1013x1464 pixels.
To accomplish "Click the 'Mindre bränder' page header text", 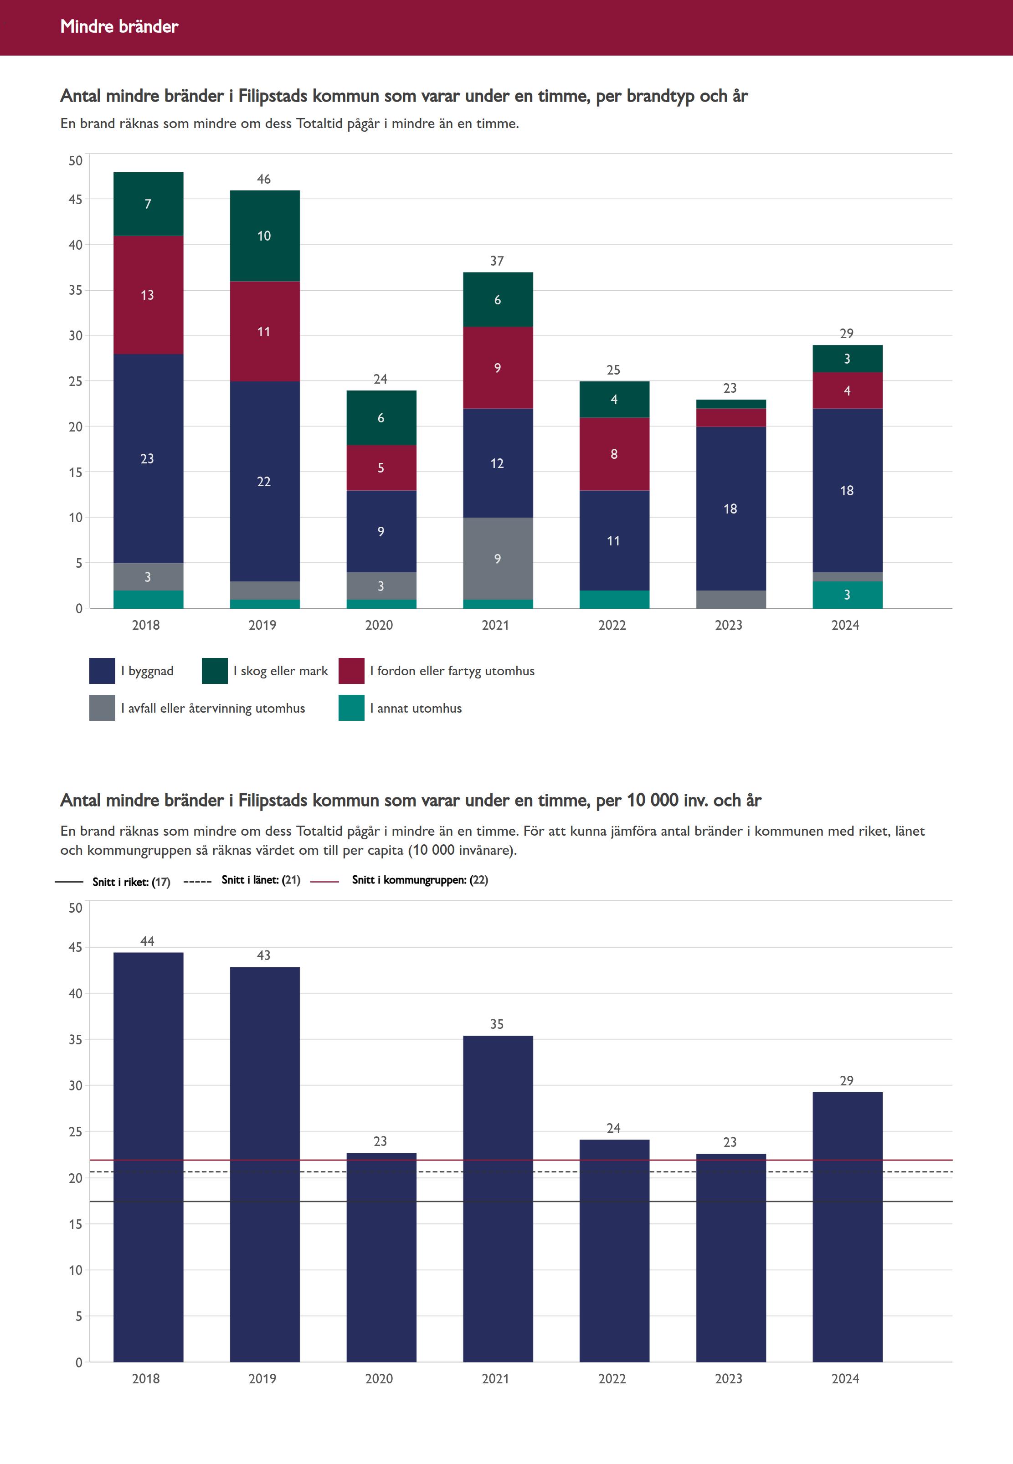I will coord(119,26).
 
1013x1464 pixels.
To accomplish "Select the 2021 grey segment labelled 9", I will coord(498,559).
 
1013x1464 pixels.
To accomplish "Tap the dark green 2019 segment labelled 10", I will coord(264,236).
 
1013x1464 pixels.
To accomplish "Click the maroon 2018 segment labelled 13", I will coord(148,295).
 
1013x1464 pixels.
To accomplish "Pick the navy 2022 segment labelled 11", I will coord(614,541).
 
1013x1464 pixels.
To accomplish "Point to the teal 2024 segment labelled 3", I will coord(847,595).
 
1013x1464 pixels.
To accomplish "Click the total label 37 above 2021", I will coord(497,261).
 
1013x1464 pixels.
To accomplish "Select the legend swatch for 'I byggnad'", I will coord(102,671).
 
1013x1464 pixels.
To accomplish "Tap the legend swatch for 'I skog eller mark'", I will coord(215,671).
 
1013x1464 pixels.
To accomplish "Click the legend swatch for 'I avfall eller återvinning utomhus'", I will coord(102,708).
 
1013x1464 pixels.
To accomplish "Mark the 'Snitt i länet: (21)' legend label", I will coord(261,879).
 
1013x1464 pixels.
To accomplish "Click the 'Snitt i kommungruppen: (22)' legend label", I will coord(420,879).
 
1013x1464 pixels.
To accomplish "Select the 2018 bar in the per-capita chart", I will coord(148,1155).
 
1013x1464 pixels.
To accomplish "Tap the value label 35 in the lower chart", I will coord(497,1023).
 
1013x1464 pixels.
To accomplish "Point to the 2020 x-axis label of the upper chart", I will coord(379,625).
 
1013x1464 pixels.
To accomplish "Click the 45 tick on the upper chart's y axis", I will coord(76,199).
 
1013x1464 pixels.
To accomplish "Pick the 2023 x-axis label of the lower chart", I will coord(729,1378).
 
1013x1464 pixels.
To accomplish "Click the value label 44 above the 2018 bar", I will coord(147,941).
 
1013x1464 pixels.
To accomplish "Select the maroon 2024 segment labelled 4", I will coord(847,390).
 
